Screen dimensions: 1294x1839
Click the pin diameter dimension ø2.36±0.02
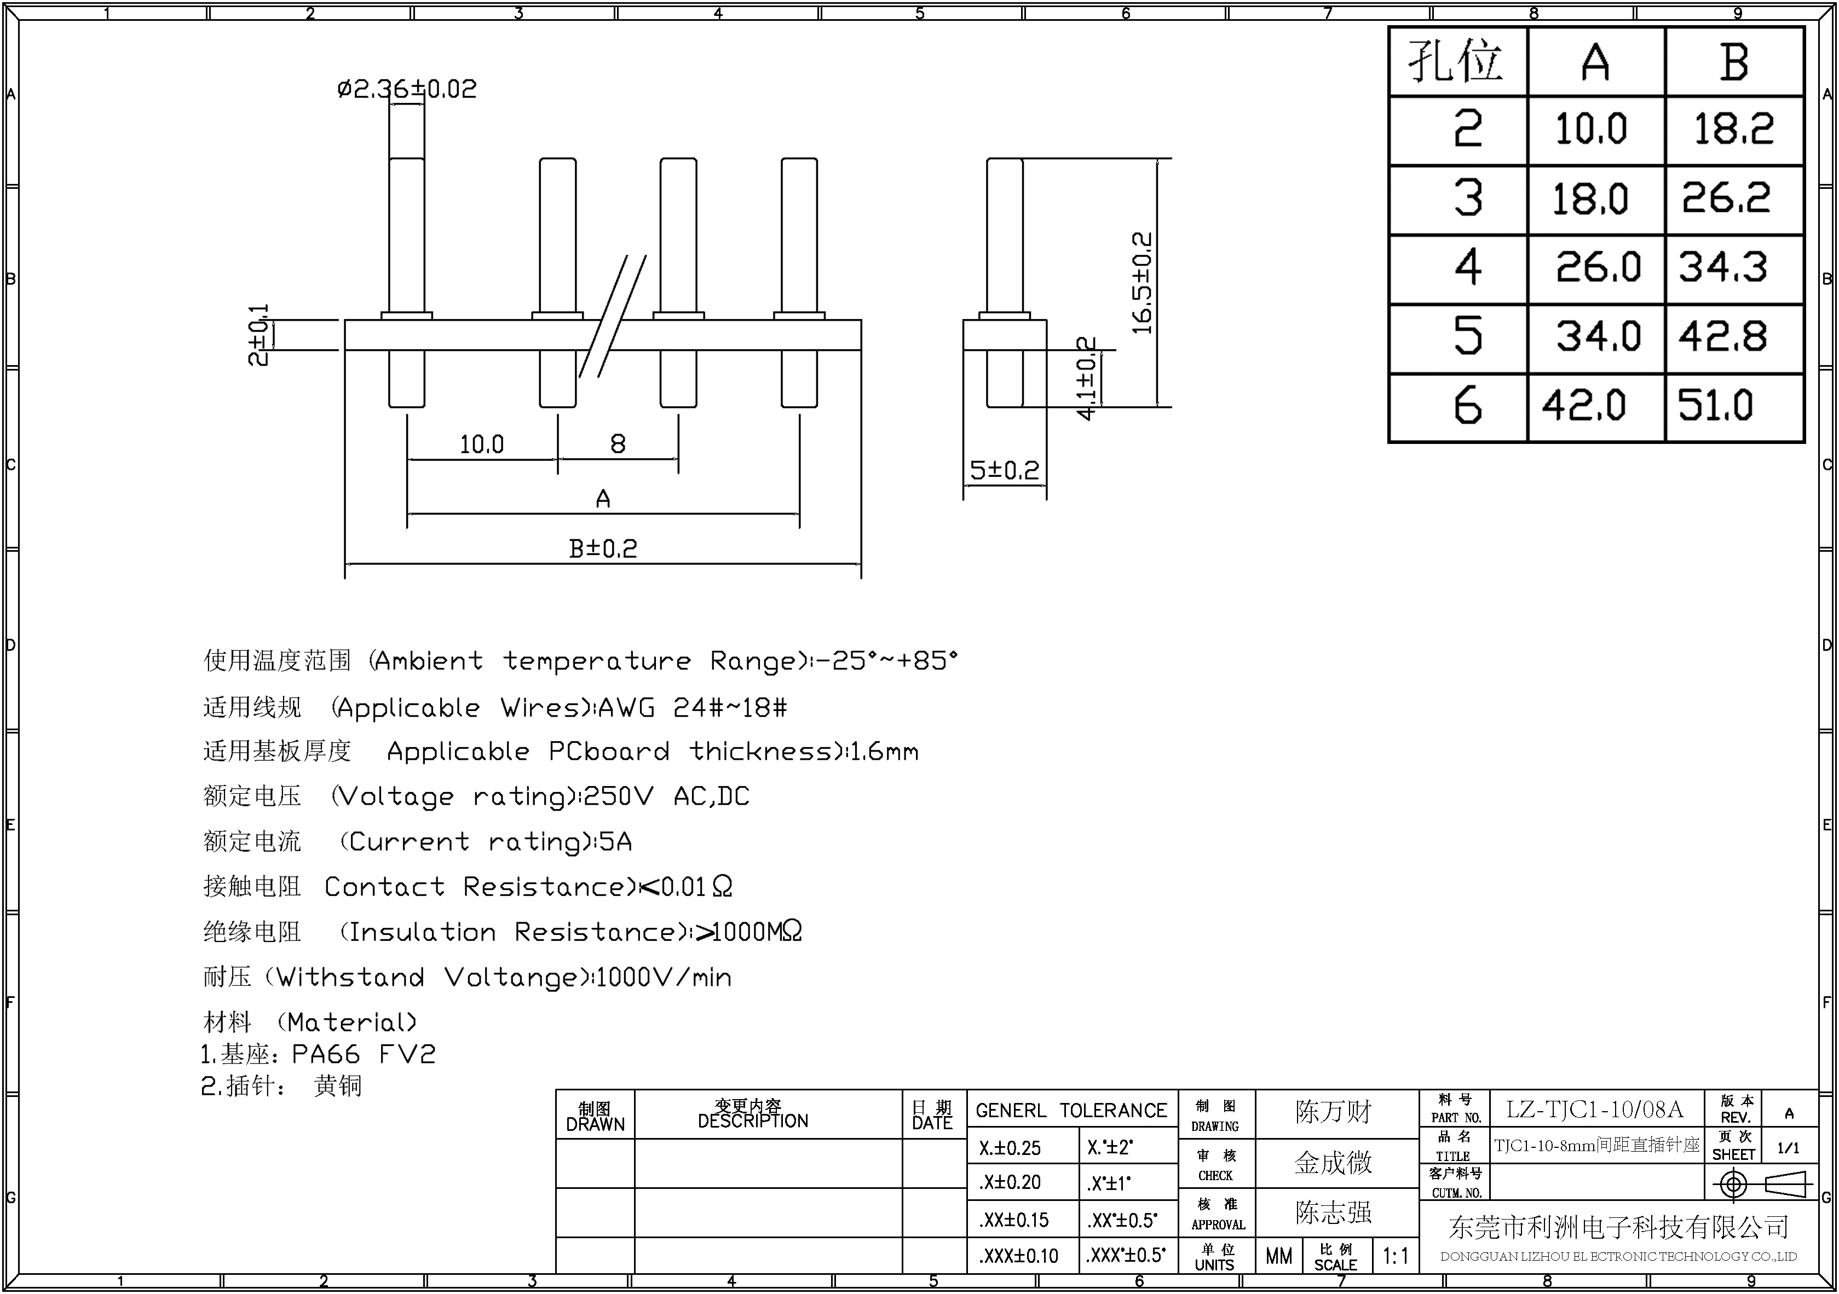407,88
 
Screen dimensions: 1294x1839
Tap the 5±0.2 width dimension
1005,470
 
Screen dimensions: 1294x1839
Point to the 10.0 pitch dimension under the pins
481,444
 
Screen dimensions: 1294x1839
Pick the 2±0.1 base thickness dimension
258,334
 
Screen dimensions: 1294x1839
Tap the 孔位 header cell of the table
1456,62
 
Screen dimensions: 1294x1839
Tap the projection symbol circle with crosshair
1733,1183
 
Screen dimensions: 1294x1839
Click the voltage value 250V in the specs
618,797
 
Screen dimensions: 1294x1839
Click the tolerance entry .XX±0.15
1013,1220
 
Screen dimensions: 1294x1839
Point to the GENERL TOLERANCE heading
1071,1111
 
